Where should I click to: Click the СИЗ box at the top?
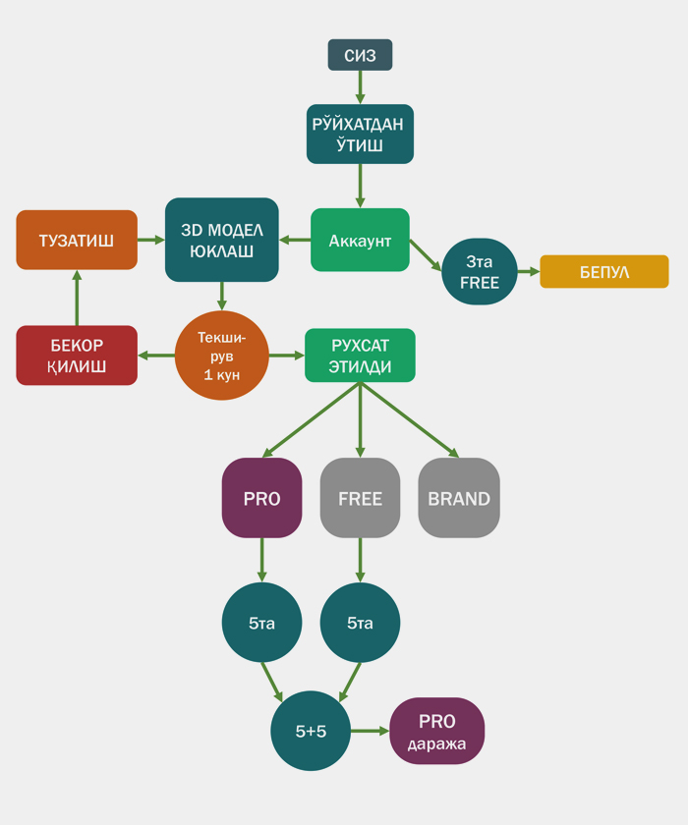click(360, 55)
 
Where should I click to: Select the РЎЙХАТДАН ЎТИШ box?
click(360, 134)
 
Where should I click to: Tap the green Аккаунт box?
click(360, 240)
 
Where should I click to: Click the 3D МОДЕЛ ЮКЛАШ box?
click(222, 240)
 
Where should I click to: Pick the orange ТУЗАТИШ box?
click(77, 240)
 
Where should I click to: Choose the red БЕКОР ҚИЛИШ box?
click(77, 356)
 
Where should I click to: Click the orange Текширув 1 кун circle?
click(222, 356)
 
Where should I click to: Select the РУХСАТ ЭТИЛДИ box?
click(360, 356)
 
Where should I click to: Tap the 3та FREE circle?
click(480, 271)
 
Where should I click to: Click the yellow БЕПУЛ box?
click(603, 271)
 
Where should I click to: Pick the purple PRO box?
click(261, 498)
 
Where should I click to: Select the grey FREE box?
click(360, 498)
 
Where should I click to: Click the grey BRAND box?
click(459, 498)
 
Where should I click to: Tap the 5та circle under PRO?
click(261, 623)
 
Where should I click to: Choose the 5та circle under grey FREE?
click(360, 623)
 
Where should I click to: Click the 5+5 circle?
click(311, 731)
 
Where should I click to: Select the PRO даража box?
click(437, 731)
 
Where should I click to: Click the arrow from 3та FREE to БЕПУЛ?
click(529, 271)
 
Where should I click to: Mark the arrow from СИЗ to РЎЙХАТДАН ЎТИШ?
click(360, 86)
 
